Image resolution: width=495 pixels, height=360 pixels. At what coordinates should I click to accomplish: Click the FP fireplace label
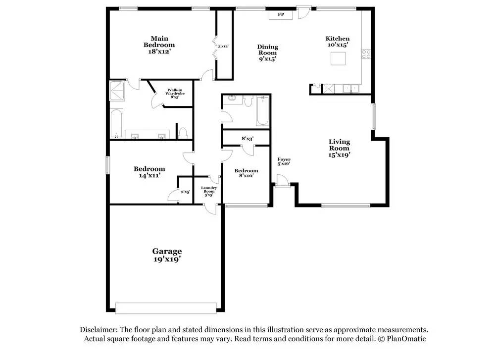pyautogui.click(x=281, y=14)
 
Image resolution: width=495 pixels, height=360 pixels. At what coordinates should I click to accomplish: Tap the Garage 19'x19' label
pyautogui.click(x=167, y=255)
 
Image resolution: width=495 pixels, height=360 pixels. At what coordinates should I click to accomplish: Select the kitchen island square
pyautogui.click(x=338, y=58)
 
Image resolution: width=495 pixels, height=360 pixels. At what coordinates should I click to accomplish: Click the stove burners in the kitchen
pyautogui.click(x=366, y=54)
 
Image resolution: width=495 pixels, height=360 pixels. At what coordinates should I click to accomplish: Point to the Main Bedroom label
pyautogui.click(x=159, y=45)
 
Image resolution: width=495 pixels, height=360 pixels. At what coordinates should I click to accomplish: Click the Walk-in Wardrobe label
pyautogui.click(x=175, y=94)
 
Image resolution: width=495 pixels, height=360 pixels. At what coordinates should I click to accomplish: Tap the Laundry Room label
pyautogui.click(x=209, y=191)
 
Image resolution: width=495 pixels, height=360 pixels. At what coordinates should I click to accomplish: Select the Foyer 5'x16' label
pyautogui.click(x=284, y=161)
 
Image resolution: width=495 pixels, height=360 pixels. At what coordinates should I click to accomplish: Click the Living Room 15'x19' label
pyautogui.click(x=340, y=148)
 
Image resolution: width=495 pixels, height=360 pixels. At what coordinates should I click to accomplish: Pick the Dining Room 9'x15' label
pyautogui.click(x=267, y=52)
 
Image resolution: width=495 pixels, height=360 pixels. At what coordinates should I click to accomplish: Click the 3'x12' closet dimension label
pyautogui.click(x=223, y=46)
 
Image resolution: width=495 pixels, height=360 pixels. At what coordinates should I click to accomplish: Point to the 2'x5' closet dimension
pyautogui.click(x=185, y=192)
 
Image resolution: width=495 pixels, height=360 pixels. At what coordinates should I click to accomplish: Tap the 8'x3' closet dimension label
pyautogui.click(x=247, y=138)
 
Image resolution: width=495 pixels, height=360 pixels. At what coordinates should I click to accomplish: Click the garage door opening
pyautogui.click(x=166, y=308)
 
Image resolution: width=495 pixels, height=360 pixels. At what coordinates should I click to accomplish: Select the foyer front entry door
pyautogui.click(x=282, y=181)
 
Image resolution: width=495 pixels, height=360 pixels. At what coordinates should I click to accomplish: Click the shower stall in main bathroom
pyautogui.click(x=117, y=91)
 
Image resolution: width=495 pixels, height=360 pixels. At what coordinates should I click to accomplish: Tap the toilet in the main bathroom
pyautogui.click(x=183, y=133)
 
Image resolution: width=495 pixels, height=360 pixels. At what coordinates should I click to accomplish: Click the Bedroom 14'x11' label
pyautogui.click(x=149, y=172)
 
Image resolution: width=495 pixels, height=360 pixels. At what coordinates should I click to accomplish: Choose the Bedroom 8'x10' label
pyautogui.click(x=246, y=173)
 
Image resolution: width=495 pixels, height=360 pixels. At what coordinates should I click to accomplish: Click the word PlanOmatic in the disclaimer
pyautogui.click(x=406, y=339)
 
